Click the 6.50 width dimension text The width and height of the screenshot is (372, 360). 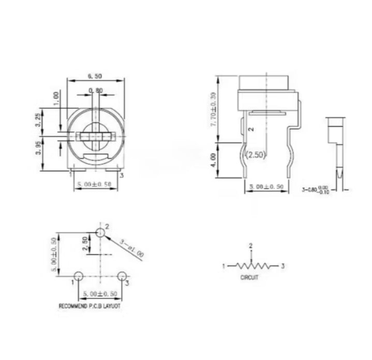95,76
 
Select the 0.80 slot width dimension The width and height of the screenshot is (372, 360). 95,91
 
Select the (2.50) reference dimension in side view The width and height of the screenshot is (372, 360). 255,155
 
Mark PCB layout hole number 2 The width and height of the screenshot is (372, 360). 100,232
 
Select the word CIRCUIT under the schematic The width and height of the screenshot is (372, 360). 250,277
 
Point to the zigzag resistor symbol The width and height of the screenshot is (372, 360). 251,266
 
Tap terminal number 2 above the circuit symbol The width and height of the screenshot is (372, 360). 251,245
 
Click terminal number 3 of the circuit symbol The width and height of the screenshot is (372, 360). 283,266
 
